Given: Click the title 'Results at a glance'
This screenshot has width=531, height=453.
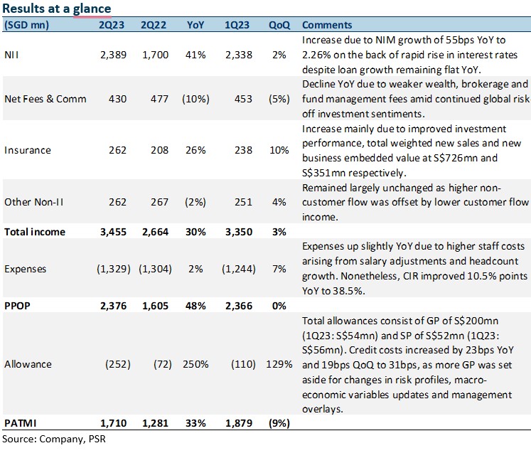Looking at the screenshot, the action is [57, 8].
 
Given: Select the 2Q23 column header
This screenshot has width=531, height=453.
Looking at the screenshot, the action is [112, 25].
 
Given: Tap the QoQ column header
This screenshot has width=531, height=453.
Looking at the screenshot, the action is [279, 25].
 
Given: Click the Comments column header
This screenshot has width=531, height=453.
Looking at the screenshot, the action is [327, 25].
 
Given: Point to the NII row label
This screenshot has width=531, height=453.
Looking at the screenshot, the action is [11, 55].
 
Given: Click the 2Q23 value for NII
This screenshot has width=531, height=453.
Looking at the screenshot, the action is [113, 55].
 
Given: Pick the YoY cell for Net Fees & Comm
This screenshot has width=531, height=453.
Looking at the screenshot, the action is [195, 99].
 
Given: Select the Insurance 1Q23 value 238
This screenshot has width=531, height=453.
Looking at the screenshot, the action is [244, 150].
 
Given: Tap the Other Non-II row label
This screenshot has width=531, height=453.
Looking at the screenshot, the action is [34, 202].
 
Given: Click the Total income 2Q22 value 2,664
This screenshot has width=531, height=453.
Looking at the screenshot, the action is [155, 232].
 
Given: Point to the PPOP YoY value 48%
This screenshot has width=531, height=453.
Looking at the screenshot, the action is [195, 306].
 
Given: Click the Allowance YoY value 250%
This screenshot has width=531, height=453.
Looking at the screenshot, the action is [195, 364].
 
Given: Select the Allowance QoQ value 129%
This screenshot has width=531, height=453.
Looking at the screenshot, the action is [279, 364].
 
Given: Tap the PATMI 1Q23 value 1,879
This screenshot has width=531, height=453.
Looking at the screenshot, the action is [239, 423].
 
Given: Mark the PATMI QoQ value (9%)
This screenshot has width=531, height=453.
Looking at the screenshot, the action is [279, 423].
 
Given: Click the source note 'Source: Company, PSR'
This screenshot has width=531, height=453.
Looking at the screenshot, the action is [54, 439].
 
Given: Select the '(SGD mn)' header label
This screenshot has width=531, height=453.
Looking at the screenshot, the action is [26, 25].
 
